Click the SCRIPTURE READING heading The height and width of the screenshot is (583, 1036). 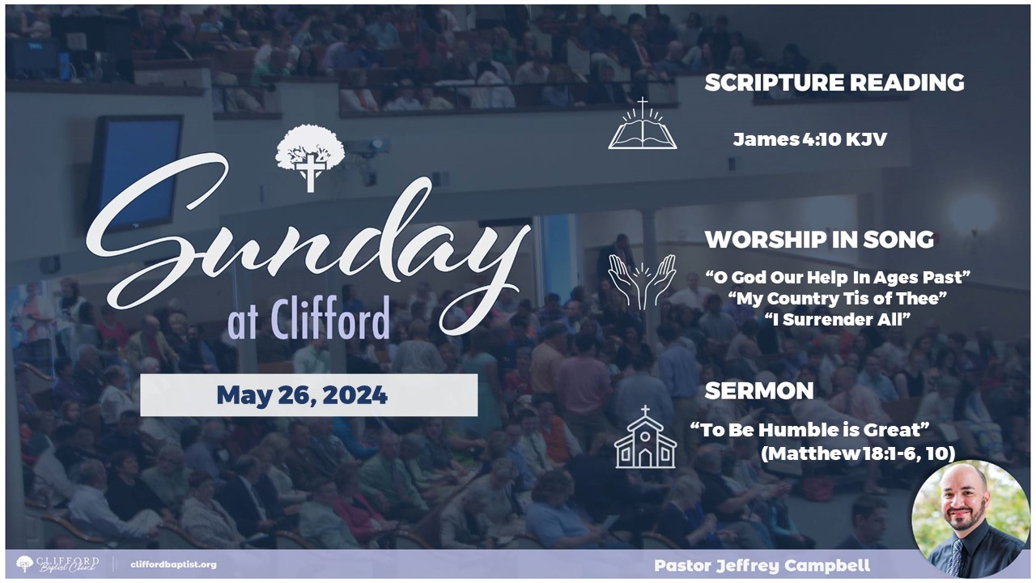click(x=834, y=83)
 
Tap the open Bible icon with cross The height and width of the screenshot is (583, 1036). click(x=643, y=124)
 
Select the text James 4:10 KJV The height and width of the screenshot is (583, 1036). click(x=810, y=139)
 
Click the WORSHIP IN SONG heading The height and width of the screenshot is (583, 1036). click(x=819, y=240)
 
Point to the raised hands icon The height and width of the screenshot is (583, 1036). click(x=642, y=282)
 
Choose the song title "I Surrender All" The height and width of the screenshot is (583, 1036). click(x=838, y=319)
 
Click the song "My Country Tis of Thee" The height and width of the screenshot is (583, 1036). click(x=838, y=299)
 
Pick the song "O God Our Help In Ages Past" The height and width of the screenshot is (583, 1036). click(x=838, y=277)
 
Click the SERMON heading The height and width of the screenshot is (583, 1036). click(x=759, y=391)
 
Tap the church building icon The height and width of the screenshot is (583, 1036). click(x=645, y=436)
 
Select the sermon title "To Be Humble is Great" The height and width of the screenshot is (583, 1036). click(x=810, y=430)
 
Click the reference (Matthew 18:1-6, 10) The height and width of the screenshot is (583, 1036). click(x=859, y=454)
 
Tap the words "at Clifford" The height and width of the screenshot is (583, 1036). click(x=309, y=320)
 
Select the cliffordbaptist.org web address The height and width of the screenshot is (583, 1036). click(x=173, y=564)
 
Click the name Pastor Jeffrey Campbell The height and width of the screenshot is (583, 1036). click(x=762, y=565)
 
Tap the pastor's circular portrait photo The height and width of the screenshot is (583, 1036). click(x=970, y=519)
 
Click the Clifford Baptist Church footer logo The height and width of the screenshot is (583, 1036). click(x=57, y=564)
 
